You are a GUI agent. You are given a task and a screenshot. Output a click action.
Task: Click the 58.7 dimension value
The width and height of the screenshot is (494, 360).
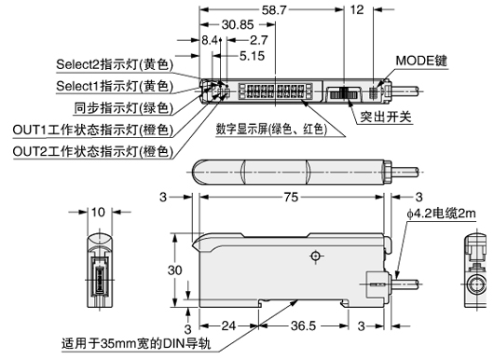[x=274, y=10]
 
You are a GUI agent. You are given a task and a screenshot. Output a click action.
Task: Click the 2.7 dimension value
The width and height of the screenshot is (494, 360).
[x=259, y=41]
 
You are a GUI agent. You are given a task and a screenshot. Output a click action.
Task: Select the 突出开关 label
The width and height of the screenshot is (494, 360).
[x=386, y=118]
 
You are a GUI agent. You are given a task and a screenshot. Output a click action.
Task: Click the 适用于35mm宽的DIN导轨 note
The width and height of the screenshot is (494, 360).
[x=129, y=341]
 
